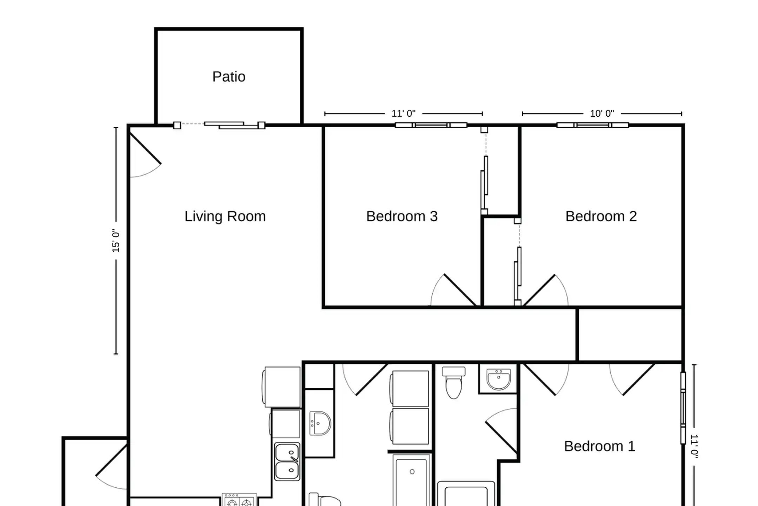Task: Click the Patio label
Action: click(229, 77)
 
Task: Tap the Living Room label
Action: click(225, 216)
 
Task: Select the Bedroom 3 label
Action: click(402, 216)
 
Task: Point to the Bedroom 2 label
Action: click(601, 216)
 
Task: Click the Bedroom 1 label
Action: click(600, 446)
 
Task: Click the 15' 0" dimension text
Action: click(116, 241)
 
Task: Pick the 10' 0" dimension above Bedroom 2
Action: click(602, 113)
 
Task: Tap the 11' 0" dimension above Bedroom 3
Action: click(404, 113)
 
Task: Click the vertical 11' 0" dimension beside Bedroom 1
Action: click(694, 446)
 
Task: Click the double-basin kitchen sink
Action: click(287, 461)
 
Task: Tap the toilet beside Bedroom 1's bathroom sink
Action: click(453, 383)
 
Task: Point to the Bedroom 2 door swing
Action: click(545, 290)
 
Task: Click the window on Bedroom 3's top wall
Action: click(431, 125)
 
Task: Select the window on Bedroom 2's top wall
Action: click(592, 125)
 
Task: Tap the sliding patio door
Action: click(219, 125)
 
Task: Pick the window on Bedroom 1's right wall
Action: click(683, 408)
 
